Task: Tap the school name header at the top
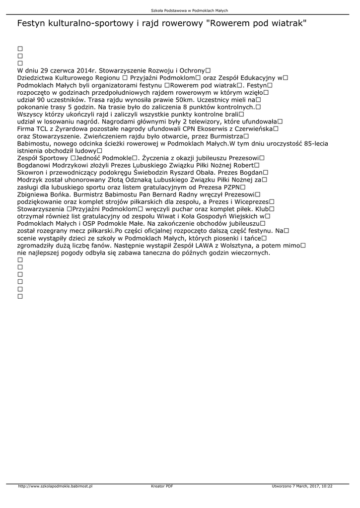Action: [179, 10]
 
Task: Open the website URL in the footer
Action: [55, 486]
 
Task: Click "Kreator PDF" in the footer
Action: [162, 486]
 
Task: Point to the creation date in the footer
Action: [302, 486]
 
